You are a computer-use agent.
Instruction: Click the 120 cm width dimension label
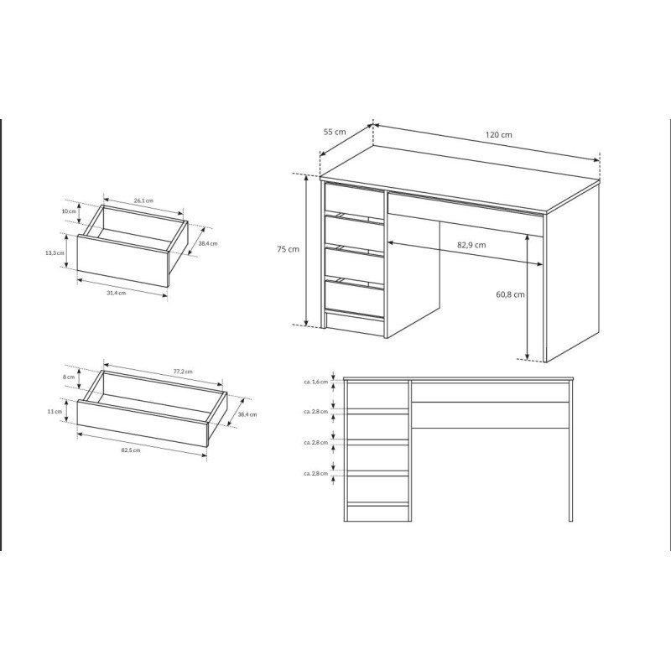pyautogui.click(x=498, y=135)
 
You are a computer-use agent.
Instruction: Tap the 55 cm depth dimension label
pyautogui.click(x=334, y=132)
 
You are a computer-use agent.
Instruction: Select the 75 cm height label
pyautogui.click(x=288, y=249)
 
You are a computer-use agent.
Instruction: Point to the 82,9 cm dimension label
pyautogui.click(x=471, y=245)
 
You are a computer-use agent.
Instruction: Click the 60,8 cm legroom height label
pyautogui.click(x=510, y=294)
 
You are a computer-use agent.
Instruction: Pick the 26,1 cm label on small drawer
pyautogui.click(x=143, y=200)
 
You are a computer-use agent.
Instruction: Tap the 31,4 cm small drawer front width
pyautogui.click(x=116, y=293)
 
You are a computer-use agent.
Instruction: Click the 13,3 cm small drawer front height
pyautogui.click(x=55, y=252)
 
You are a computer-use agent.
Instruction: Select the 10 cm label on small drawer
pyautogui.click(x=69, y=211)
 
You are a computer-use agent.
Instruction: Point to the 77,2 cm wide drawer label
pyautogui.click(x=183, y=372)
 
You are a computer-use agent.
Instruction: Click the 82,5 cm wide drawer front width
pyautogui.click(x=131, y=450)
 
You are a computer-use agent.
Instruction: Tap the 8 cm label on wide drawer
pyautogui.click(x=69, y=377)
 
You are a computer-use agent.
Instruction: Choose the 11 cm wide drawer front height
pyautogui.click(x=55, y=412)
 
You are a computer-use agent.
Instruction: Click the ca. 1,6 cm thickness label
pyautogui.click(x=316, y=382)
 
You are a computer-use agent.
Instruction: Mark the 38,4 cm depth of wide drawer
pyautogui.click(x=247, y=414)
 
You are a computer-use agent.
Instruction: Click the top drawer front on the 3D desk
pyautogui.click(x=354, y=198)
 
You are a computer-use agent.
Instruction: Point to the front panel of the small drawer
pyautogui.click(x=123, y=261)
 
